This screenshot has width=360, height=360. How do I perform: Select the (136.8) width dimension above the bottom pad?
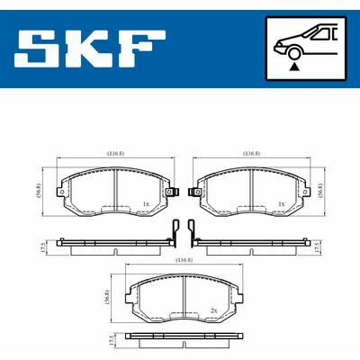184,260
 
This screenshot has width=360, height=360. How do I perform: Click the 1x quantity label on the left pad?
145,204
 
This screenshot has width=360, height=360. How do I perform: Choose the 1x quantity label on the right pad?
282,204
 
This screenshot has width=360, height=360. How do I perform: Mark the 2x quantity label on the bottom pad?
213,310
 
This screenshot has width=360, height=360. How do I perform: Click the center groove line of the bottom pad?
184,297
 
